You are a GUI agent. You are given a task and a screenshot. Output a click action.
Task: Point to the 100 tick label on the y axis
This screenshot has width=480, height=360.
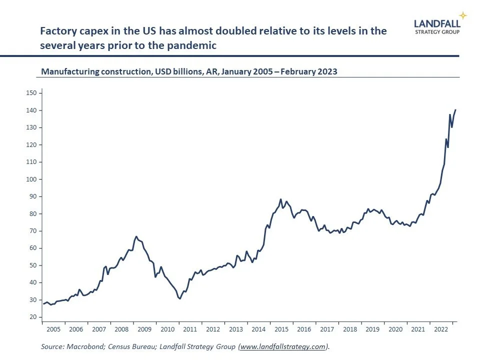point(31,179)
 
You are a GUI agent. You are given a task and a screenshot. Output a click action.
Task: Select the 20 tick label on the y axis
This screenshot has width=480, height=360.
point(33,317)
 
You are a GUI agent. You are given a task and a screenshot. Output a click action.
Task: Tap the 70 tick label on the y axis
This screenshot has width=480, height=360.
point(33,231)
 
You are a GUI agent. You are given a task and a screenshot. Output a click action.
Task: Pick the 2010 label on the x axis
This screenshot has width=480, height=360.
point(167,329)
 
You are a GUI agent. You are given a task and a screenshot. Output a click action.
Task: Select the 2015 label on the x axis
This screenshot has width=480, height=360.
point(281,329)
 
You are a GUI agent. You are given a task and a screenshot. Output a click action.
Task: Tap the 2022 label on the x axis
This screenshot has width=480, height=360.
point(441,329)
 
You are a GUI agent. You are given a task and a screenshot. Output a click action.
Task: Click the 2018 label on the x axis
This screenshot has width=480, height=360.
point(350,329)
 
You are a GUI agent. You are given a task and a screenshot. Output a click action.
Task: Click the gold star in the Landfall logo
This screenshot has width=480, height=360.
point(463,15)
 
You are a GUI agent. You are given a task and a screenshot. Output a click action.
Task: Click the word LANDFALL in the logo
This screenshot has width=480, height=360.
point(436,22)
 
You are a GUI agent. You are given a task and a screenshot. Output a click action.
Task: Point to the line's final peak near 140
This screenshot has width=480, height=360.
point(455,109)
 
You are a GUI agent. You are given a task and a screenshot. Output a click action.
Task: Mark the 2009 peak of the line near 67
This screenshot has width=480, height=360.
point(136,236)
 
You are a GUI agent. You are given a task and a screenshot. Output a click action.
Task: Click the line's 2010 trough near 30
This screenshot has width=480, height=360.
point(179,299)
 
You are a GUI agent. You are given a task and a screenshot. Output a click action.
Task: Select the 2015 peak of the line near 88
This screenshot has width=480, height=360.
point(281,199)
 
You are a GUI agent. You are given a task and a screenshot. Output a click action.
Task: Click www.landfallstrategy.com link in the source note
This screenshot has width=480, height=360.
point(283,346)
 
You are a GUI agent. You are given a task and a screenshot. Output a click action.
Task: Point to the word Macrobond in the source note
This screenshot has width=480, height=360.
point(82,346)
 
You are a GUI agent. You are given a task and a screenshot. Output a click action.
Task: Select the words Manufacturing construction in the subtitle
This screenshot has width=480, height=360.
point(92,71)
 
